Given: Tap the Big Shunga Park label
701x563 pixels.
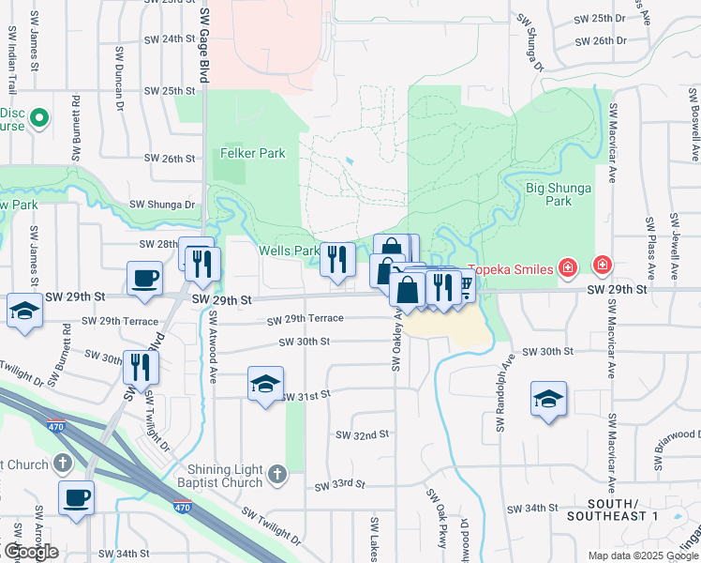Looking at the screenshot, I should coord(559,194).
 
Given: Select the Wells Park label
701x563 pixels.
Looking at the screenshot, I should coord(289,251).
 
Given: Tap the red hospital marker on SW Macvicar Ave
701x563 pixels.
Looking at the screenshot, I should coord(601,268).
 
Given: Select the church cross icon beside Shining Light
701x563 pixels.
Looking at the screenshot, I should coord(276,476).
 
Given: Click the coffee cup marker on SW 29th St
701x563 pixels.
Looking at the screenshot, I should coord(144,279).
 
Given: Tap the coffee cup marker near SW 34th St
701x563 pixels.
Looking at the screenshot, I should coord(76,498).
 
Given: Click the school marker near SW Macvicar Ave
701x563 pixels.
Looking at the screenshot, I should coord(548,399).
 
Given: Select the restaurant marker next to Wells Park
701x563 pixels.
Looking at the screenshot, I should coord(337,258).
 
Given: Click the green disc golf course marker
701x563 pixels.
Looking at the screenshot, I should coord(39,119).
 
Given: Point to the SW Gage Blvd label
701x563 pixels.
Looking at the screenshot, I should coord(203,42).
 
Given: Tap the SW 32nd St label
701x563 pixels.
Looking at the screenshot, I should coord(362,434).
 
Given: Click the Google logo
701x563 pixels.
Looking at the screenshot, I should coord(30,552).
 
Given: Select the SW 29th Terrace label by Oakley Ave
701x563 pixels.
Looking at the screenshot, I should coord(306,319).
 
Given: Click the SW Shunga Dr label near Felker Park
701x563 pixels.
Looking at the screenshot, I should coord(161,204).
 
